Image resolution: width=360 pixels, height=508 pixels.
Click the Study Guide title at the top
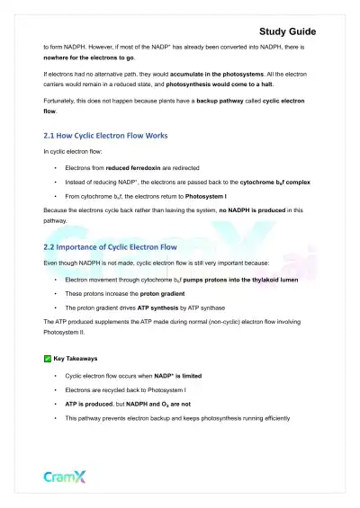287,31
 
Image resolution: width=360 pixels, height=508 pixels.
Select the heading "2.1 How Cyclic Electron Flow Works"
105,136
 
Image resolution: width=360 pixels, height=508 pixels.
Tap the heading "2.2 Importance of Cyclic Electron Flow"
111,245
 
